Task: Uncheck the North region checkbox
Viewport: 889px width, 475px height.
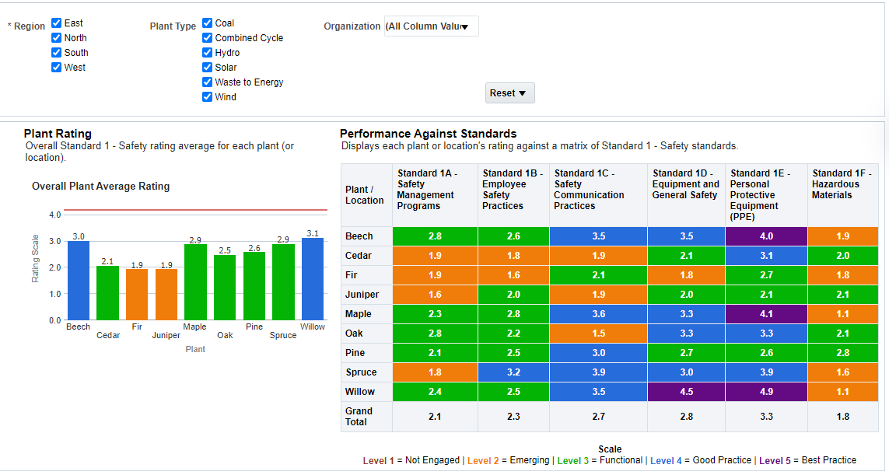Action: coord(57,38)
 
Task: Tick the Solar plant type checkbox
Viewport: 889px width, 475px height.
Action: coord(208,68)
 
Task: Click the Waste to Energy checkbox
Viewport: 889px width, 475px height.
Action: coord(208,82)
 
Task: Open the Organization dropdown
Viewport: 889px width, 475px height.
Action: coord(432,26)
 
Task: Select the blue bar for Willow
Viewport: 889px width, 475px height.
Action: coord(313,279)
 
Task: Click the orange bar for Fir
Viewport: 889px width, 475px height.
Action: coord(137,295)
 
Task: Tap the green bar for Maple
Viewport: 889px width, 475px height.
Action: coord(195,282)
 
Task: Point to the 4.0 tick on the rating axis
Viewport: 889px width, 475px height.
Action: coord(54,215)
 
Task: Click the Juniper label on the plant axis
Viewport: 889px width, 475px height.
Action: coord(166,336)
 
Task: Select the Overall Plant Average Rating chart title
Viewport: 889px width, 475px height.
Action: coord(100,187)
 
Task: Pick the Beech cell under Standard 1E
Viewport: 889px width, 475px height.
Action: coord(766,236)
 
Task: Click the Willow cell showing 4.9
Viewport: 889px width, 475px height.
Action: coord(766,392)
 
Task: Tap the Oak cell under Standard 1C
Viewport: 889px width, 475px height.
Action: coord(598,334)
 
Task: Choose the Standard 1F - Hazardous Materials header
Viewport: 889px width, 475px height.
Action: coord(842,184)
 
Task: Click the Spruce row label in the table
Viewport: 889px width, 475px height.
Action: coord(361,372)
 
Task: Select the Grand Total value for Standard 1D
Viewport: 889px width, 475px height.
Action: coord(686,417)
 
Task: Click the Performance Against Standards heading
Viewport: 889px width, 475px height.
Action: coord(428,134)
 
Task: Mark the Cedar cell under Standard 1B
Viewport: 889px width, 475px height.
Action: coord(513,256)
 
